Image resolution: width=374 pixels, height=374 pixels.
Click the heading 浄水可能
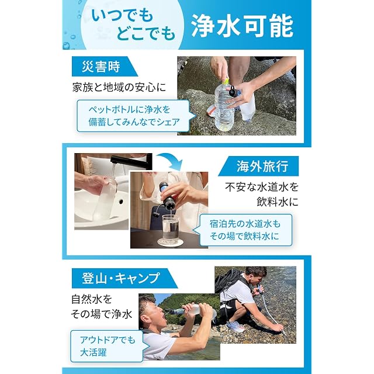coord(243,26)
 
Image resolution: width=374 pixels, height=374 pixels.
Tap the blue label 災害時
coord(105,66)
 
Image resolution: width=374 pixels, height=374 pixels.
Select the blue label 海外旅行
coord(258,166)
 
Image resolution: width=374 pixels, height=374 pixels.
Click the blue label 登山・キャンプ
coord(124,278)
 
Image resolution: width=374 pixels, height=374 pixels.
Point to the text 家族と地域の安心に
coord(119,87)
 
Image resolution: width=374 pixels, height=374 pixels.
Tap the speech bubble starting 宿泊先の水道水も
coord(243,230)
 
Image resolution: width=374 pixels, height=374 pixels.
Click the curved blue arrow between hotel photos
coord(171,160)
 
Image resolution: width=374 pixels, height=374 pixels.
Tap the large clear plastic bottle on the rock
coord(224,106)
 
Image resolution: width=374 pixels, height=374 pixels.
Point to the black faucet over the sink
coord(131,160)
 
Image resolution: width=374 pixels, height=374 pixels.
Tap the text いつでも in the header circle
coord(122,16)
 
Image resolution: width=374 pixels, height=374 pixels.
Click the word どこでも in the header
coord(146,33)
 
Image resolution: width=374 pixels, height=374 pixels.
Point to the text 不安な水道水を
coord(262,187)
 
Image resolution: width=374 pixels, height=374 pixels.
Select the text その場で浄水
coord(102,314)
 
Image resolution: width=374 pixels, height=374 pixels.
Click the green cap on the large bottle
coord(226,81)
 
